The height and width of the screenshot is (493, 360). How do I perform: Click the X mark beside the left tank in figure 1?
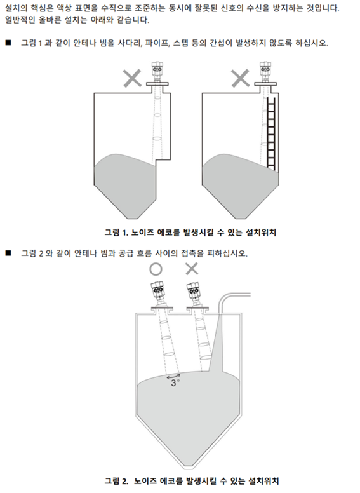[132, 78]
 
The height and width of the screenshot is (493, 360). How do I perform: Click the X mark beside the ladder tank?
[240, 78]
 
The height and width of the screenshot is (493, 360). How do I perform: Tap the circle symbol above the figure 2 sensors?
[156, 269]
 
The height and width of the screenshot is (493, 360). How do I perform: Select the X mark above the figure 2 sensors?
[192, 269]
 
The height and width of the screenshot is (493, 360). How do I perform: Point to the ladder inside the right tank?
[270, 134]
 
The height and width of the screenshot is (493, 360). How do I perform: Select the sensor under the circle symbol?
[159, 294]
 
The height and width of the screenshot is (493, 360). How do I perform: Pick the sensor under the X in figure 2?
[195, 294]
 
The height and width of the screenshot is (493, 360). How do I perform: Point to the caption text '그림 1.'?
[117, 233]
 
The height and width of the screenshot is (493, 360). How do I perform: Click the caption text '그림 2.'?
[117, 481]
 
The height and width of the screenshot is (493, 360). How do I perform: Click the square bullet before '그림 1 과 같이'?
[8, 43]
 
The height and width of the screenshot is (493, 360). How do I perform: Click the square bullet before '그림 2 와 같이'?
[8, 252]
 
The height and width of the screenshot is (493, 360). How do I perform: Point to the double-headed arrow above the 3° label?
[173, 376]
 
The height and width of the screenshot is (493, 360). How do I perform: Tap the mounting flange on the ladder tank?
[265, 84]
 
